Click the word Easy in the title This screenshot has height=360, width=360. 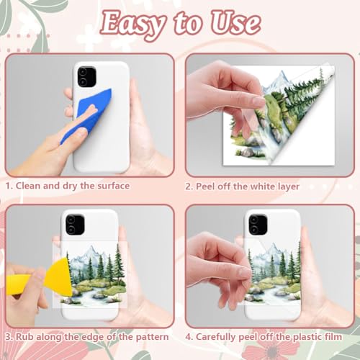132,24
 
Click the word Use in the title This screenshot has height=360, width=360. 235,23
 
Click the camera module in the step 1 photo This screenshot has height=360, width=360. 86,77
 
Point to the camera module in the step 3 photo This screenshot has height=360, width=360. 75,225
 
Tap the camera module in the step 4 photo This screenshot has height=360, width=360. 258,225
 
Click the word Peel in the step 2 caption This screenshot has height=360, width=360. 205,186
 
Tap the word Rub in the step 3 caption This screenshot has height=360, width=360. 24,336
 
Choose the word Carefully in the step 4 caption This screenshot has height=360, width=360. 215,337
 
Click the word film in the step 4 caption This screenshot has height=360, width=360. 333,336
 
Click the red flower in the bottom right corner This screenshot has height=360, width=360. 272,351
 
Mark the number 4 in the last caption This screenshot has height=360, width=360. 189,337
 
